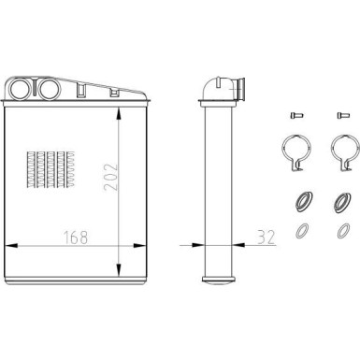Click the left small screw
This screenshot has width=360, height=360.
click(x=295, y=115)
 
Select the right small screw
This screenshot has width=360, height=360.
click(x=338, y=115)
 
